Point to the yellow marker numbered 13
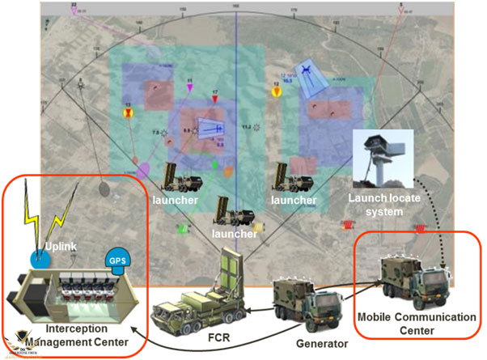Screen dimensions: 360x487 [x=127, y=114]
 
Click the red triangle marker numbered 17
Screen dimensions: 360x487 [x=215, y=100]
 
